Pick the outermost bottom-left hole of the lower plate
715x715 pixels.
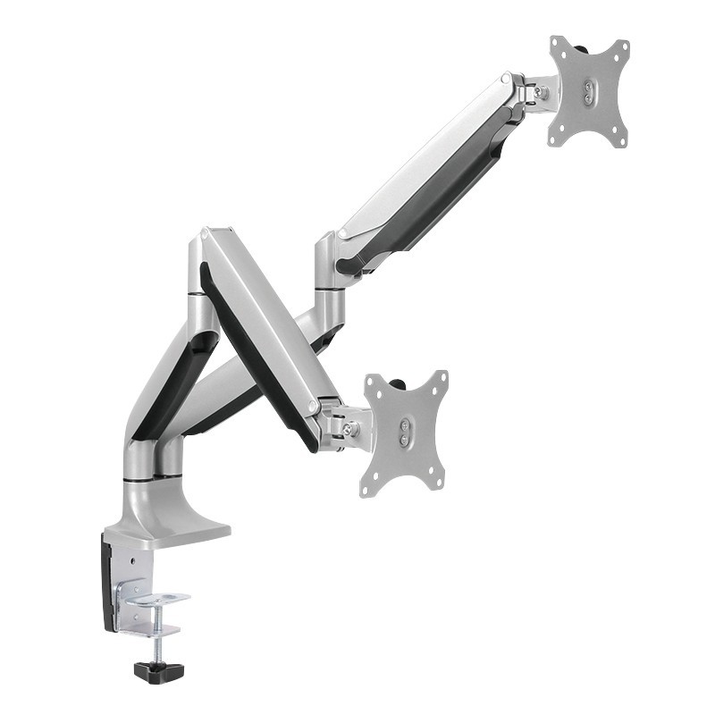(366, 488)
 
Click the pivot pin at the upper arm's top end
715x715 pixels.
(506, 80)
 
